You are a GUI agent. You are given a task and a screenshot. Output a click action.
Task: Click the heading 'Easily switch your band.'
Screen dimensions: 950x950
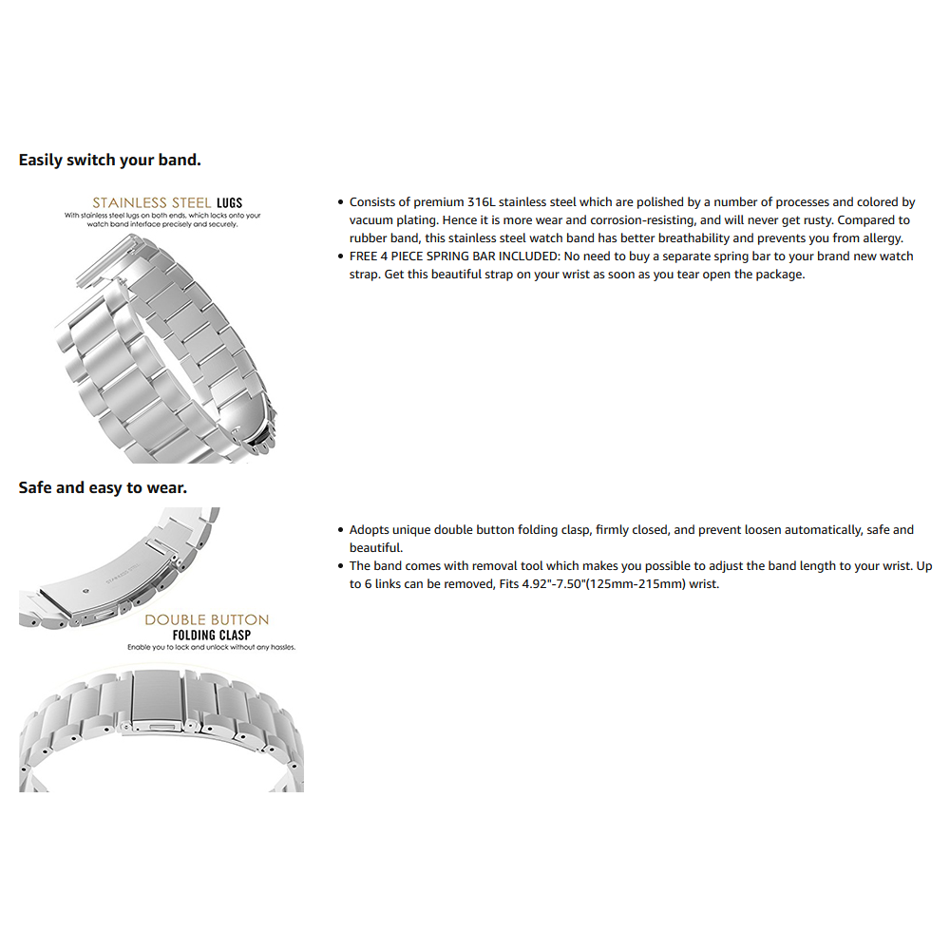point(109,160)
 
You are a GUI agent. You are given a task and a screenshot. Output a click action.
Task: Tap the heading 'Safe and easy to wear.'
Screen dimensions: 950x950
point(103,487)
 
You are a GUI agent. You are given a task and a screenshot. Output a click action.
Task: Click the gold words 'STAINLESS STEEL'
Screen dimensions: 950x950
point(151,203)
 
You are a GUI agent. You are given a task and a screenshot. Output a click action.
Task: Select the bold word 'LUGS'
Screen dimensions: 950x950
point(230,203)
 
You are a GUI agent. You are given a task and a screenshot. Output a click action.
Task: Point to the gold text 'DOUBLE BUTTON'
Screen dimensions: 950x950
point(206,619)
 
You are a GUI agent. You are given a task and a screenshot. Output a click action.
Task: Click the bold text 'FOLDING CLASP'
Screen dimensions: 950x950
point(212,635)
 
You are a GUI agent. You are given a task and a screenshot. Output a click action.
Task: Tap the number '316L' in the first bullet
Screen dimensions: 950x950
point(481,201)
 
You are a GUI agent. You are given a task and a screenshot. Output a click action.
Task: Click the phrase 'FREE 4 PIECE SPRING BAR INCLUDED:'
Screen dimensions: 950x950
point(454,256)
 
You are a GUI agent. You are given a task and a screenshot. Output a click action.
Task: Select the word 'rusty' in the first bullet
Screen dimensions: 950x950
point(816,220)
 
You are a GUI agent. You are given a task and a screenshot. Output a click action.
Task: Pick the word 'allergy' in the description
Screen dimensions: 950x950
point(882,238)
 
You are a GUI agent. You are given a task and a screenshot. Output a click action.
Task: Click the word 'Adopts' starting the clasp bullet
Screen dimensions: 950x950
point(369,529)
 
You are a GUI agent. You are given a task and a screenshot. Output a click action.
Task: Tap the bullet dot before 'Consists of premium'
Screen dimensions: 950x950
point(340,202)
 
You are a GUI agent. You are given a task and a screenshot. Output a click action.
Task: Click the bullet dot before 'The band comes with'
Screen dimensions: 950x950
point(340,566)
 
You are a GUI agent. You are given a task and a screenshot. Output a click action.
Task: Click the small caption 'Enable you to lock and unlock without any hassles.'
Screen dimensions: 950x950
point(212,647)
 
